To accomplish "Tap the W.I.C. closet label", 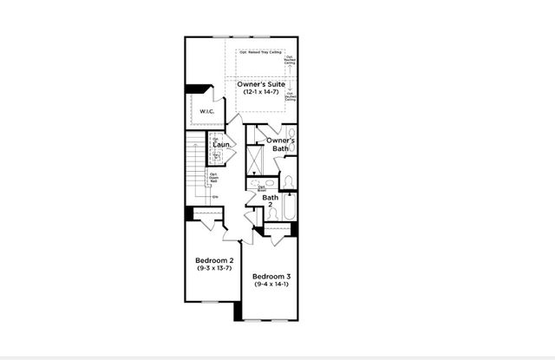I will pyautogui.click(x=206, y=111).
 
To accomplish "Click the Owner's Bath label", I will pyautogui.click(x=280, y=145).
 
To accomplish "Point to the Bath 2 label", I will pyautogui.click(x=271, y=201).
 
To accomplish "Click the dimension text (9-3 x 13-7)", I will pyautogui.click(x=212, y=269).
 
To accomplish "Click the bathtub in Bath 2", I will pyautogui.click(x=289, y=209).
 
